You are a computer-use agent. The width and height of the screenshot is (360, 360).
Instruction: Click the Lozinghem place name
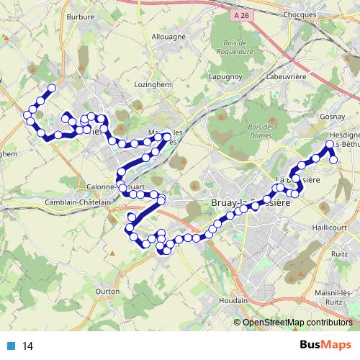pos(151,84)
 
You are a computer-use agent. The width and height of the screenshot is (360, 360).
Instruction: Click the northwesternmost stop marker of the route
pos(51,89)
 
